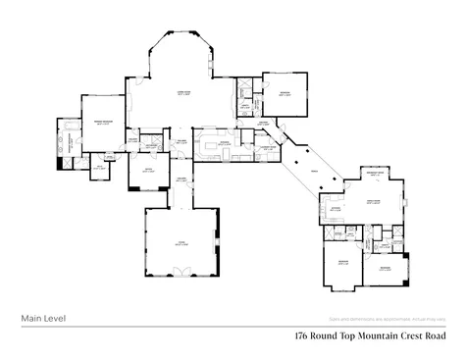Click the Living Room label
pos(182,93)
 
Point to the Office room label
pos(147,170)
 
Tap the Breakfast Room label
pos(374,173)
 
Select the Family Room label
pos(374,202)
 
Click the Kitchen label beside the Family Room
pos(336,208)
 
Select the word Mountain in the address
pos(375,335)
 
